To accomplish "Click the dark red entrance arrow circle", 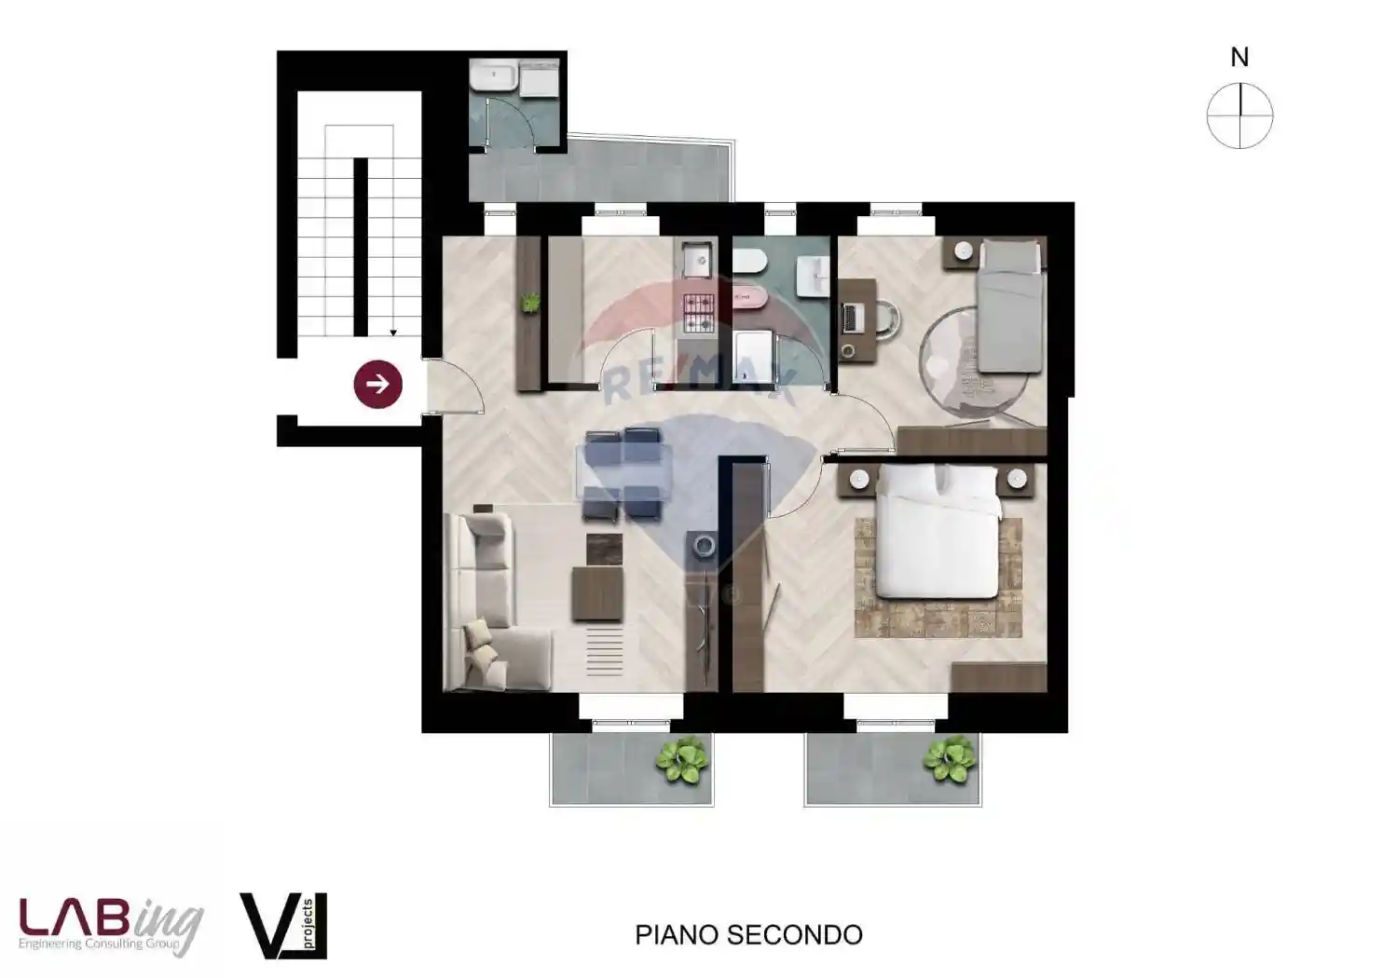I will pyautogui.click(x=377, y=384).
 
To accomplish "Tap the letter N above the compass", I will pyautogui.click(x=1239, y=58).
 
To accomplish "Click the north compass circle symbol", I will pyautogui.click(x=1239, y=115).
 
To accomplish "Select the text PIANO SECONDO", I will pyautogui.click(x=748, y=935).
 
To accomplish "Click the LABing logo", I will pyautogui.click(x=111, y=925).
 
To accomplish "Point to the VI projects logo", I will pyautogui.click(x=283, y=925).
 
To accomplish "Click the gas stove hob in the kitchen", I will pyautogui.click(x=700, y=314).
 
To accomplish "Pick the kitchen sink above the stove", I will pyautogui.click(x=696, y=261).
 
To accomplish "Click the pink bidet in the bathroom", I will pyautogui.click(x=750, y=297).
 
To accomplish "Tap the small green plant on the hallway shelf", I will pyautogui.click(x=530, y=302).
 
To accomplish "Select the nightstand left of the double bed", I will pyautogui.click(x=859, y=479).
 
